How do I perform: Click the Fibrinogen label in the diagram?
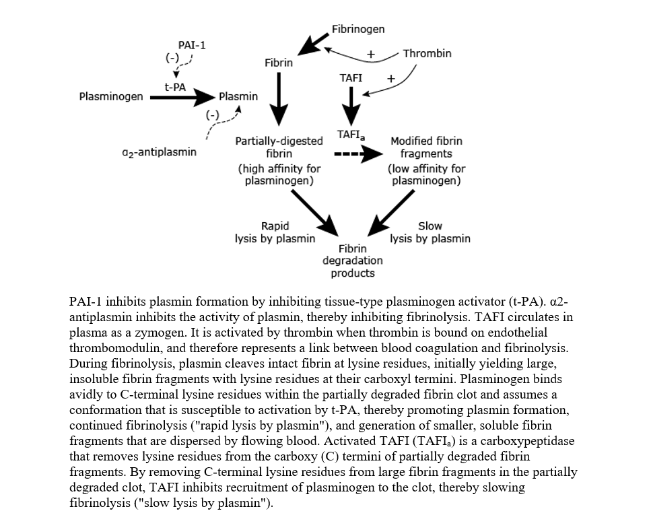click(358, 29)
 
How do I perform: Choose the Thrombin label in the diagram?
click(427, 53)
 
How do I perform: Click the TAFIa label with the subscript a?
click(351, 135)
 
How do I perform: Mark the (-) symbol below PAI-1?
click(173, 58)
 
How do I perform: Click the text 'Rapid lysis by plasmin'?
click(275, 232)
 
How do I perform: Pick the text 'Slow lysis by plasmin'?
click(430, 232)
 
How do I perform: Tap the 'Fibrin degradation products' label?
click(352, 261)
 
